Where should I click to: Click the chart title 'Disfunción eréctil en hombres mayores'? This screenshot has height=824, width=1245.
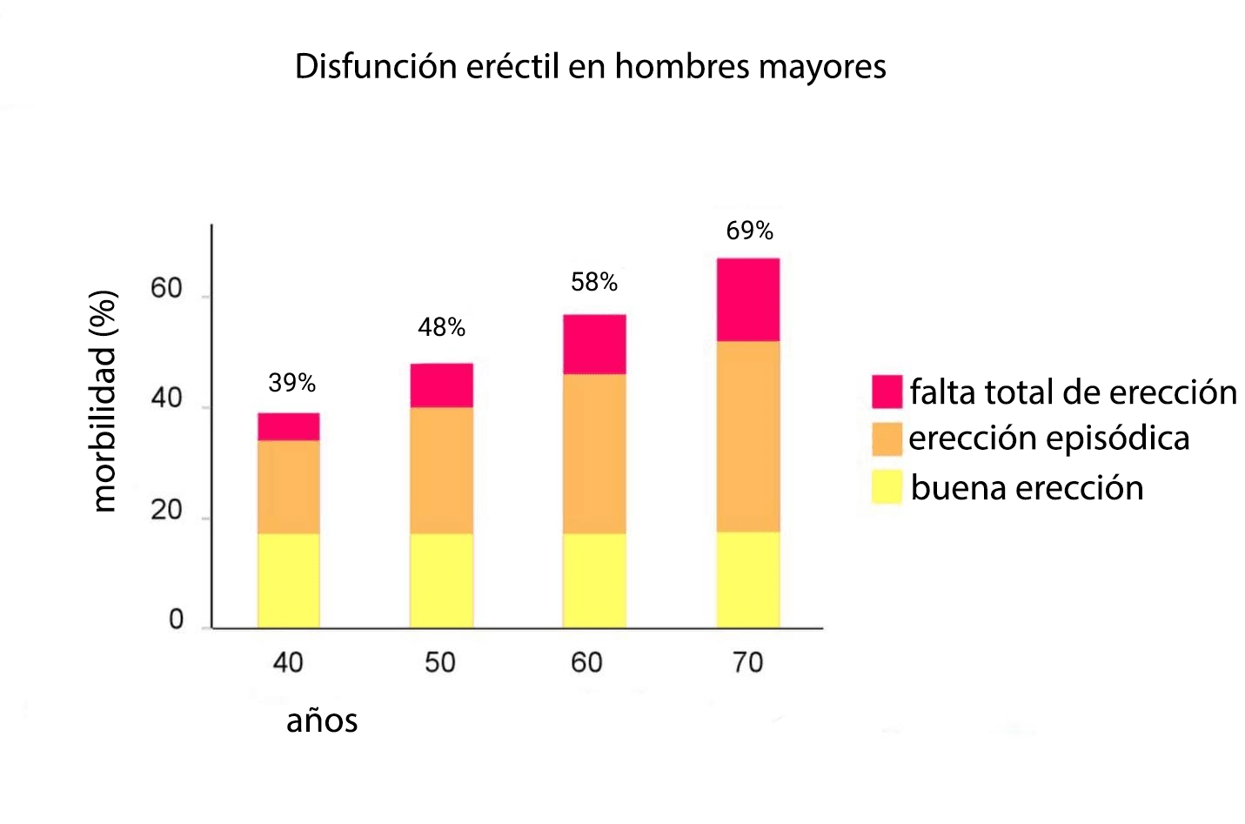click(x=590, y=67)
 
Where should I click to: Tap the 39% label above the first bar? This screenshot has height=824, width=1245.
click(x=291, y=383)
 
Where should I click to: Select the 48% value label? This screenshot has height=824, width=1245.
click(x=441, y=327)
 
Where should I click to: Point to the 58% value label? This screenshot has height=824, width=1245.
click(x=594, y=282)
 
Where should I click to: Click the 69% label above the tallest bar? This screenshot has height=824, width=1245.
click(x=749, y=231)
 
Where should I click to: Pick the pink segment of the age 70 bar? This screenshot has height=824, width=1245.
click(x=747, y=299)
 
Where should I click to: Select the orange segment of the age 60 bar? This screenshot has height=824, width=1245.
click(x=594, y=453)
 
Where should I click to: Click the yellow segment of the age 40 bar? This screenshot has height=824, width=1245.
click(x=288, y=580)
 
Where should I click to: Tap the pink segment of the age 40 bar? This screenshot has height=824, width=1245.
click(x=288, y=426)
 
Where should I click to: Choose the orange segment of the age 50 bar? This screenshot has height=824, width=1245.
click(x=441, y=470)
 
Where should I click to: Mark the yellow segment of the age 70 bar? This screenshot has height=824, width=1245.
click(x=747, y=580)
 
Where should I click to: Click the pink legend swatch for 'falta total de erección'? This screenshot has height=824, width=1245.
click(x=887, y=392)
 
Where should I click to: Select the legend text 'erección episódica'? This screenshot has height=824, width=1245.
click(x=1048, y=438)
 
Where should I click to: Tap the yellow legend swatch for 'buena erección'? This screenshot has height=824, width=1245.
click(x=887, y=487)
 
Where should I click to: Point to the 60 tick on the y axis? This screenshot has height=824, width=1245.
click(x=166, y=289)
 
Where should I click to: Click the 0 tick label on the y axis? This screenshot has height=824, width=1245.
click(x=176, y=620)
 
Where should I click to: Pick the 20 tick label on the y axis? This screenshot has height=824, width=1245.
click(x=166, y=510)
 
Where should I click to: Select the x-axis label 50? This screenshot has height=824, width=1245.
click(x=440, y=663)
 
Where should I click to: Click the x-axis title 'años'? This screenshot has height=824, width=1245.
click(x=322, y=721)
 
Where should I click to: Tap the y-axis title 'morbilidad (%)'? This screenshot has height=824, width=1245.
click(x=104, y=401)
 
